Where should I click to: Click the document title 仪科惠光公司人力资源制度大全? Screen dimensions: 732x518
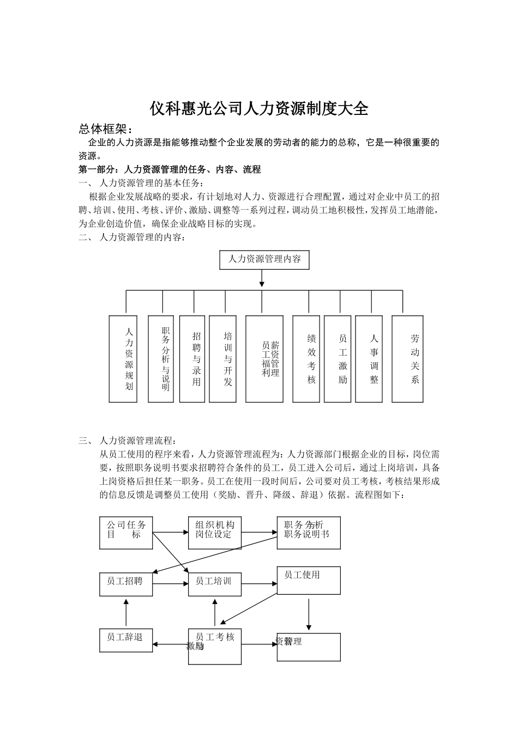pos(259,109)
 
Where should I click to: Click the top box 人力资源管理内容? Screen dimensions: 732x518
pos(264,259)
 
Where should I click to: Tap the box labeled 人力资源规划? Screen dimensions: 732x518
pos(123,359)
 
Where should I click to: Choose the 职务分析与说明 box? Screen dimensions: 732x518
pos(161,359)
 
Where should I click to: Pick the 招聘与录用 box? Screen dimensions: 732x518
pos(192,359)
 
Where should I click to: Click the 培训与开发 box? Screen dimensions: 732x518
pos(223,359)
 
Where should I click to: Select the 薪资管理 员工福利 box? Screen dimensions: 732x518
pos(264,359)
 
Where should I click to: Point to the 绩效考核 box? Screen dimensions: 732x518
pos(306,359)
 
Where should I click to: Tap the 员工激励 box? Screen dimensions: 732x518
pos(338,359)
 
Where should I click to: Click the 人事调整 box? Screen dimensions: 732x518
pos(369,359)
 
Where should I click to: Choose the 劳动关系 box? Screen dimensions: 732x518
pos(407,359)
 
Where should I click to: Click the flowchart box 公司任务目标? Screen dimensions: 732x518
pos(126,533)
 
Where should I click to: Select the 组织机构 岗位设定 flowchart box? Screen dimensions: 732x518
pos(215,533)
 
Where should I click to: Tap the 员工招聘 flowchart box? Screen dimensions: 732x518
pos(126,584)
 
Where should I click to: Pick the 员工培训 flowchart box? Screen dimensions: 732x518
pos(215,584)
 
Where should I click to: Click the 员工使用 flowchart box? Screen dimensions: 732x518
pos(309,580)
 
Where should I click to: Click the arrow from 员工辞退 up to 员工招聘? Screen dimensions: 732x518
pos(126,613)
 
